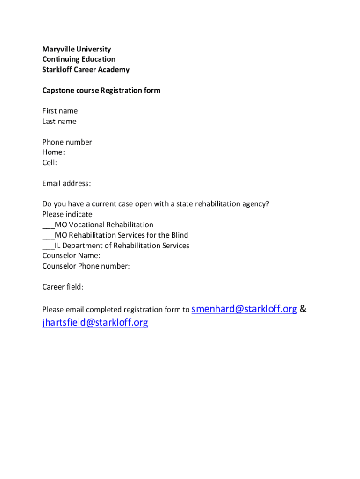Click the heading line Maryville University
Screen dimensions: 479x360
tap(77, 49)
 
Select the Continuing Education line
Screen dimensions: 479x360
tap(79, 59)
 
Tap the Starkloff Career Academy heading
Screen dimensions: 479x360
tap(86, 70)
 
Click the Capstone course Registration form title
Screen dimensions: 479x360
tap(101, 90)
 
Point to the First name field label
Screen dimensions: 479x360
tap(61, 111)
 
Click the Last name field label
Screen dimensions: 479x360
tap(59, 122)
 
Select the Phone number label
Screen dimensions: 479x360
tap(67, 142)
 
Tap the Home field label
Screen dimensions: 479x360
tap(53, 152)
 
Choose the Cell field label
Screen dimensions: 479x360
tap(50, 163)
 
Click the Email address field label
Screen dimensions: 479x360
tap(66, 183)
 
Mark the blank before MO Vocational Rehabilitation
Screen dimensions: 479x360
tap(48, 225)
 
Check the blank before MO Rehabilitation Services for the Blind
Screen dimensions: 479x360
tap(48, 236)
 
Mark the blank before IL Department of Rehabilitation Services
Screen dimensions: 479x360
tap(48, 246)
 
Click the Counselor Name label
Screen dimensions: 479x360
tap(71, 256)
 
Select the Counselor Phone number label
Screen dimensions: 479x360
tap(86, 266)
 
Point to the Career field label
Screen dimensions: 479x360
tap(63, 287)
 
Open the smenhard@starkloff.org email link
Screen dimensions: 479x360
tap(245, 309)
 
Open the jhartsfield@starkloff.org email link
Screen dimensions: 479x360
tap(95, 322)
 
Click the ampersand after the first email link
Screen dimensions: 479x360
tap(303, 309)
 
